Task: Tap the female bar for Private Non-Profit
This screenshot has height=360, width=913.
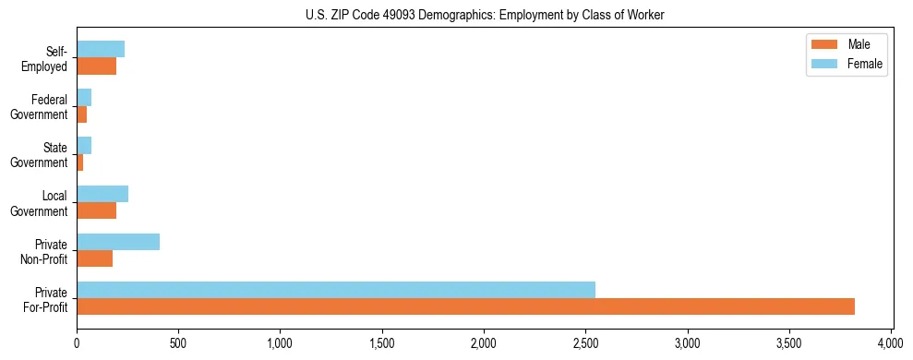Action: pyautogui.click(x=118, y=242)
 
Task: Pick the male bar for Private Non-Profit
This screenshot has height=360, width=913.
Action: pyautogui.click(x=94, y=258)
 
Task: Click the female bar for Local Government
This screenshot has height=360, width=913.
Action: pyautogui.click(x=102, y=194)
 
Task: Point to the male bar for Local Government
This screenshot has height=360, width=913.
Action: pyautogui.click(x=96, y=210)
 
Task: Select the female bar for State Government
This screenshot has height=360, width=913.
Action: pyautogui.click(x=84, y=145)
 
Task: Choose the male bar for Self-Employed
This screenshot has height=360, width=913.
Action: pyautogui.click(x=96, y=66)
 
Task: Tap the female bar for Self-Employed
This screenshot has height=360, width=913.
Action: pyautogui.click(x=101, y=50)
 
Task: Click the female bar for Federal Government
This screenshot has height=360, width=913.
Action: pyautogui.click(x=84, y=97)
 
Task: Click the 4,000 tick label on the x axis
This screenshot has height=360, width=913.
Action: pyautogui.click(x=891, y=342)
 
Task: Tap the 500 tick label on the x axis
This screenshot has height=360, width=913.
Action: pyautogui.click(x=178, y=342)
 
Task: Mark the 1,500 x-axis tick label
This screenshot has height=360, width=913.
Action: pyautogui.click(x=381, y=342)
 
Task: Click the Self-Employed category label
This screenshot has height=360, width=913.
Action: pyautogui.click(x=46, y=58)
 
